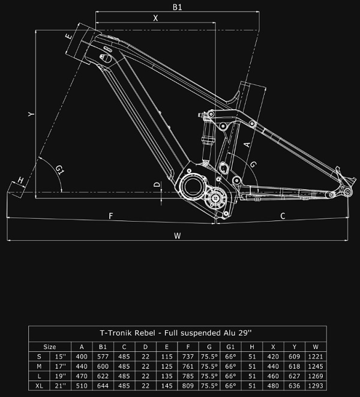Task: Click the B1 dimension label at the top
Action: click(177, 7)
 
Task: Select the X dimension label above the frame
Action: click(155, 19)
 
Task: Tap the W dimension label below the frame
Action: click(177, 235)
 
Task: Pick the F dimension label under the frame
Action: click(110, 215)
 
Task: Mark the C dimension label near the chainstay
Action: click(283, 215)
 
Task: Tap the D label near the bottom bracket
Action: click(157, 185)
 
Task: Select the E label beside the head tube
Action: click(69, 37)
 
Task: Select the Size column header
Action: click(50, 347)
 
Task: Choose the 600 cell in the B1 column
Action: click(103, 367)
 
